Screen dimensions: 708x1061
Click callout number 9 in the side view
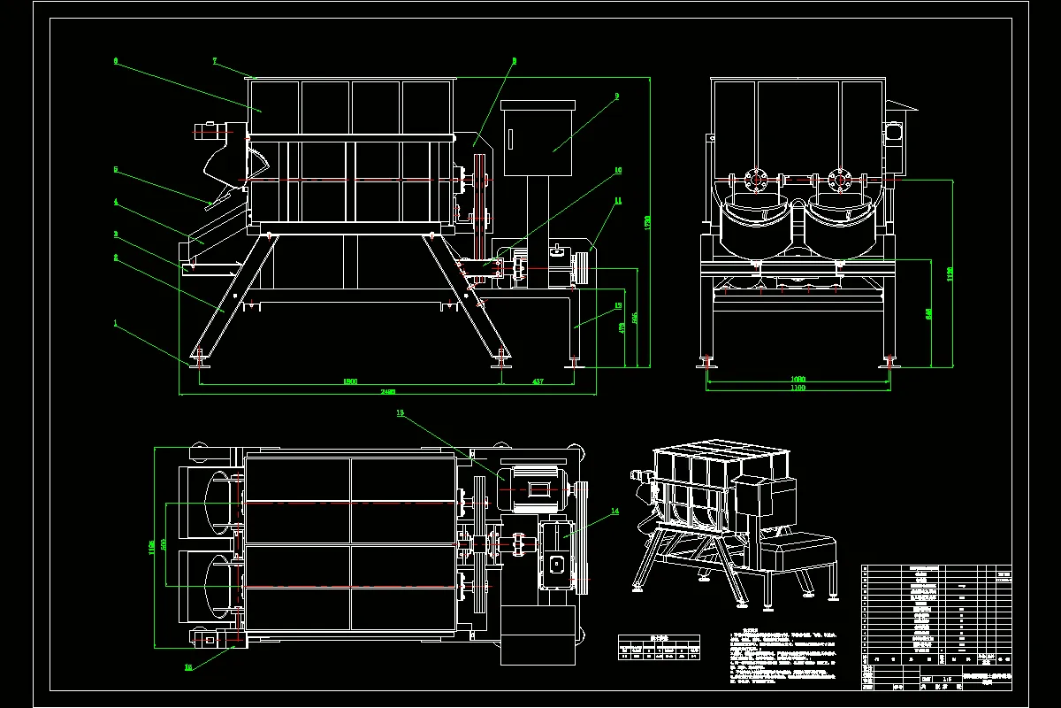coord(616,95)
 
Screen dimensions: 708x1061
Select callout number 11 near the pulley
coord(618,201)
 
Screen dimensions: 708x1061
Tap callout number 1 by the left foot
coord(114,323)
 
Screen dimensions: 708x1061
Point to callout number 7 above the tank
coord(215,60)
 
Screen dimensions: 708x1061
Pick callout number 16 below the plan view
coord(187,668)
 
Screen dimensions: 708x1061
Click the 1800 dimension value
coord(349,381)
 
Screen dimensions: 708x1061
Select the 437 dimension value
coord(538,381)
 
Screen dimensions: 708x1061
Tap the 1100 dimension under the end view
coord(797,388)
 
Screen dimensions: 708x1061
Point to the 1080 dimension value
coord(797,379)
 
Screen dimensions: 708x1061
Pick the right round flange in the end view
coord(838,181)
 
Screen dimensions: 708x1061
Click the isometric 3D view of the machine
coord(734,522)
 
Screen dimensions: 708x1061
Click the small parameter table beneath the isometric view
coord(658,649)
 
